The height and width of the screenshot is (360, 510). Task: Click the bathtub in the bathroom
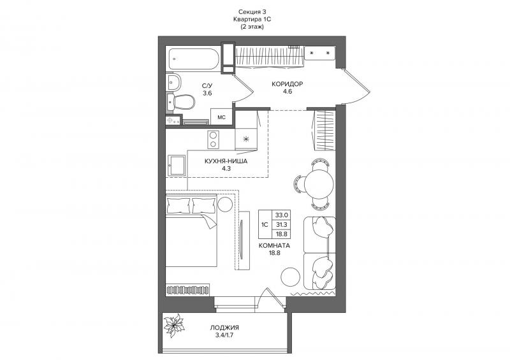coord(194,59)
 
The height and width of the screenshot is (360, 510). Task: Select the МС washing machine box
coord(221,117)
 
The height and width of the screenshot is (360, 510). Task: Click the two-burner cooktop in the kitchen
coord(213,139)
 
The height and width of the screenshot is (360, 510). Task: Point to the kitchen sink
coord(177,166)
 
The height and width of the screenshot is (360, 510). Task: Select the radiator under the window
coord(188,289)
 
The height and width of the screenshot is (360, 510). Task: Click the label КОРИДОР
coord(288,84)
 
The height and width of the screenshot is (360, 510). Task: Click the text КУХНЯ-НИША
coord(226,161)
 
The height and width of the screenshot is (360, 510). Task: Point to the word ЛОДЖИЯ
coord(224,328)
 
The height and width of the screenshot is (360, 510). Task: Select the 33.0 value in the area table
coord(281,215)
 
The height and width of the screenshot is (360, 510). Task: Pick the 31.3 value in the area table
coord(281,224)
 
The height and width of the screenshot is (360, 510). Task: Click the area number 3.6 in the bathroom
coord(207,93)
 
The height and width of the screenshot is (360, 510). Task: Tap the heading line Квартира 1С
coord(252,20)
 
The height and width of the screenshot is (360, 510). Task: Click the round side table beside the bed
coord(225,205)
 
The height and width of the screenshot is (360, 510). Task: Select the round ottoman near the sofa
coord(290,277)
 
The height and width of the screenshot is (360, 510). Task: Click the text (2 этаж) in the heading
coord(252,27)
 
